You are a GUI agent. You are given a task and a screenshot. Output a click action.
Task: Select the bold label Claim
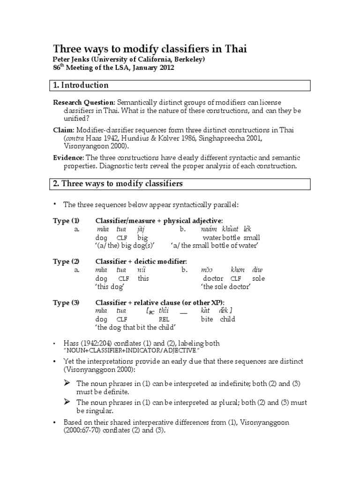pyautogui.click(x=62, y=130)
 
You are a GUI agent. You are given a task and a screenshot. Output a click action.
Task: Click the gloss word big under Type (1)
pyautogui.click(x=142, y=238)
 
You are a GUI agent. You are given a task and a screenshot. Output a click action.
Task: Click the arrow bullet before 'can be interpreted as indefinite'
pyautogui.click(x=67, y=383)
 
